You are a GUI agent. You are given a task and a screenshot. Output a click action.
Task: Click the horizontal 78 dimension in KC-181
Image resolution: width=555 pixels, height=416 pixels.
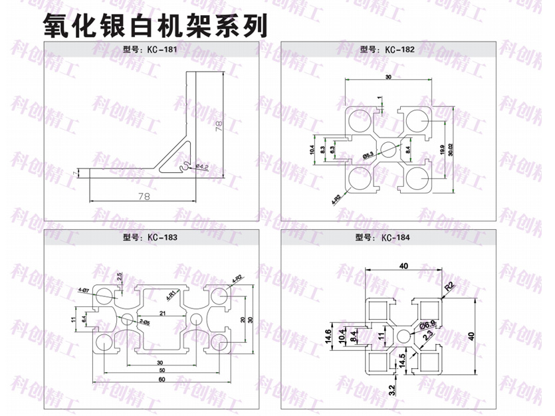tap(144, 196)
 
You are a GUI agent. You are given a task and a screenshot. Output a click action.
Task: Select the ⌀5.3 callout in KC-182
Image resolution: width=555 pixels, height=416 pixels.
tap(368, 155)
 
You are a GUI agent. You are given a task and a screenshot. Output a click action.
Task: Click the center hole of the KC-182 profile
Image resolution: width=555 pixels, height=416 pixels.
tap(389, 148)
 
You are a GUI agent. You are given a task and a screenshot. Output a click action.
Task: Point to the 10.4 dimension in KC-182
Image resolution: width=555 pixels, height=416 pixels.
tap(312, 150)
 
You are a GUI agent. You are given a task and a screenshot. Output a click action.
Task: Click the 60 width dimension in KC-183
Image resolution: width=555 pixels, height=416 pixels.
tap(161, 379)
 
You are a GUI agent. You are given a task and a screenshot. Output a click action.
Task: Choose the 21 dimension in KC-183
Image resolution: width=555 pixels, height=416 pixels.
tap(162, 313)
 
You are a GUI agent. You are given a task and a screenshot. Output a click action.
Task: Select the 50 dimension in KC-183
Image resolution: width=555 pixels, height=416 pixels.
tap(161, 370)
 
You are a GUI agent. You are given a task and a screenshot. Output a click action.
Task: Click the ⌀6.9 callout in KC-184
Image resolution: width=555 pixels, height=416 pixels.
tap(429, 324)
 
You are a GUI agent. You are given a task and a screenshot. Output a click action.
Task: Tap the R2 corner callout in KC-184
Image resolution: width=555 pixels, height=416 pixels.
tap(449, 286)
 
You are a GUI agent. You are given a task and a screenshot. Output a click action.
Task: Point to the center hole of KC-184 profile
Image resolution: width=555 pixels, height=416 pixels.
tap(403, 336)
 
